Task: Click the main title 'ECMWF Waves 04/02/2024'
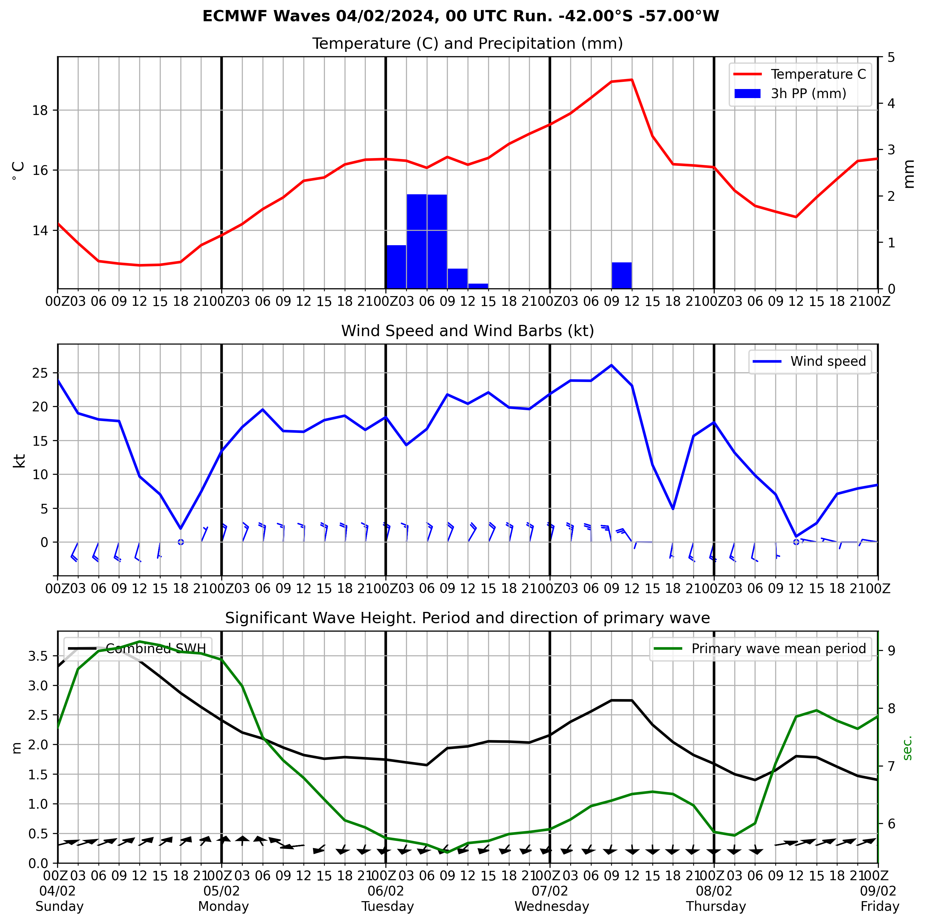(461, 16)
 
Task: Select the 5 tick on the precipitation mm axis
(891, 57)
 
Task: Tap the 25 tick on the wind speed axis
(44, 373)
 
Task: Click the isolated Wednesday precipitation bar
(621, 275)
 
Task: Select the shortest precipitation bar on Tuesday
(478, 286)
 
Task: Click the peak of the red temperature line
(632, 80)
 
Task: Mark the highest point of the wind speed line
(611, 365)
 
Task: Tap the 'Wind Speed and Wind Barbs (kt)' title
(467, 331)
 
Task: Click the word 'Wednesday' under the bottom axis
(551, 906)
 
